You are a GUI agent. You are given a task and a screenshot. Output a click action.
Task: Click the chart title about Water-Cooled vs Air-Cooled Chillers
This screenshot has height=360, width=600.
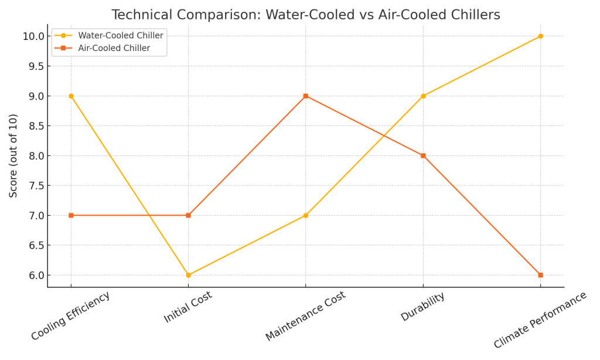click(306, 15)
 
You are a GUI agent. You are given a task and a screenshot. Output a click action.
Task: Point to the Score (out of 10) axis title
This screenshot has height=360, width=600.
click(13, 155)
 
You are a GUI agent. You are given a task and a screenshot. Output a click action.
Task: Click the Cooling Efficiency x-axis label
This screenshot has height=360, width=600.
click(70, 316)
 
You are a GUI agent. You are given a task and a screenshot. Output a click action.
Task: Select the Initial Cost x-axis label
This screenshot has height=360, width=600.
click(187, 307)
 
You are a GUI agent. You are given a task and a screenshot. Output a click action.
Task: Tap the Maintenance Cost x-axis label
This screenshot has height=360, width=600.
click(305, 316)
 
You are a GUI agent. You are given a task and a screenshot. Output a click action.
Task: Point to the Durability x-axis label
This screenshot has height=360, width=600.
click(422, 307)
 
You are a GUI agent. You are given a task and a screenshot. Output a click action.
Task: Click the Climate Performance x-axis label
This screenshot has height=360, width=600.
click(540, 320)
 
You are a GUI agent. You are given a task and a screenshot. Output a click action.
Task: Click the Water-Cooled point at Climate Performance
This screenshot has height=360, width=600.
click(540, 36)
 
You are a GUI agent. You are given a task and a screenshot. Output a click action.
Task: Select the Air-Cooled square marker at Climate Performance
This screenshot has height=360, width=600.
click(540, 275)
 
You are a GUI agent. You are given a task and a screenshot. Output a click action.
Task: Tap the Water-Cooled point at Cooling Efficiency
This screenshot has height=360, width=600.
click(71, 96)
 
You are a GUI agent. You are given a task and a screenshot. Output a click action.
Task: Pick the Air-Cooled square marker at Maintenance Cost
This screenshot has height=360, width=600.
click(305, 96)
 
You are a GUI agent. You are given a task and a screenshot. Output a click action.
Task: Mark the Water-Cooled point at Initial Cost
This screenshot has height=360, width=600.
click(188, 275)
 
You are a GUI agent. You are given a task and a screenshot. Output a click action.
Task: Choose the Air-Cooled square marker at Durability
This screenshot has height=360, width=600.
click(423, 156)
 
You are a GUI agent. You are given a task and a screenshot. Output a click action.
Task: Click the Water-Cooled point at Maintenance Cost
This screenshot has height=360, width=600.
click(305, 215)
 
